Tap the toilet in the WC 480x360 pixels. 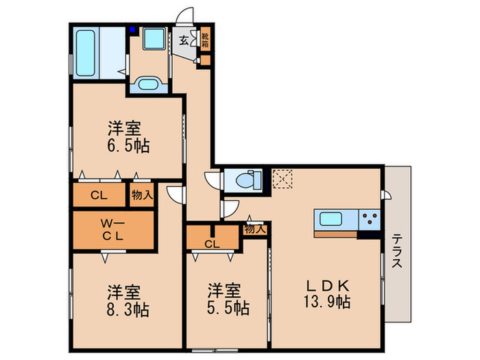[x=244, y=180]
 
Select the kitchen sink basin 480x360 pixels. [x=333, y=220]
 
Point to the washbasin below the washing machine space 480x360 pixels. [x=147, y=84]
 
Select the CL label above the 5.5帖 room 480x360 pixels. [x=212, y=243]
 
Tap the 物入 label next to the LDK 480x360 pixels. [x=254, y=230]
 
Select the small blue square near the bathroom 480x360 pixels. [x=133, y=30]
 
